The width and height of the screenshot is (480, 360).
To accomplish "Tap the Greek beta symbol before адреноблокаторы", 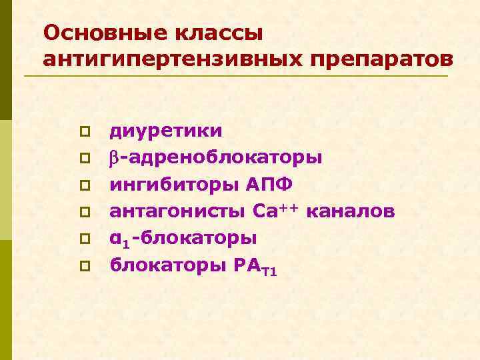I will pyautogui.click(x=114, y=159).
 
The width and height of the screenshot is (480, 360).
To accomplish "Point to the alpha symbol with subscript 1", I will pyautogui.click(x=117, y=239).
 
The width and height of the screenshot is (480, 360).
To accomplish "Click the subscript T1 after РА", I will pyautogui.click(x=269, y=271).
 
